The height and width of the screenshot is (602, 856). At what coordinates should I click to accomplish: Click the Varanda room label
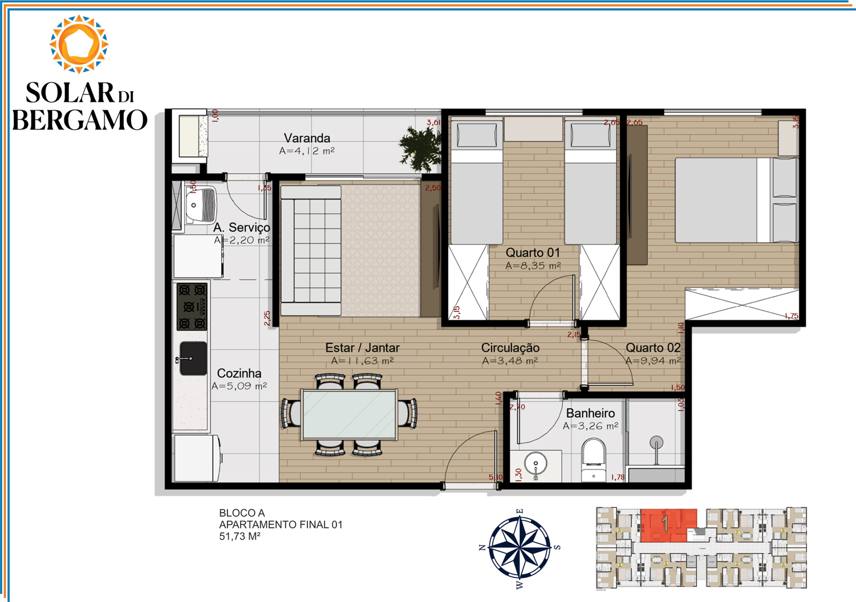pos(307,138)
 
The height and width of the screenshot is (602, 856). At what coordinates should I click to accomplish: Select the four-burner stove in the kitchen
pos(192,307)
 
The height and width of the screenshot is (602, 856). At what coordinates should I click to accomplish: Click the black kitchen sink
pos(193,359)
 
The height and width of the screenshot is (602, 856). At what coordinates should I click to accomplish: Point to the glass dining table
pos(349,414)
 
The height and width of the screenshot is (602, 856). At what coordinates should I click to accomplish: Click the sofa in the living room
pos(311,251)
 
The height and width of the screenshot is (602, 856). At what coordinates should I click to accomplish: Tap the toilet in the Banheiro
pos(593,459)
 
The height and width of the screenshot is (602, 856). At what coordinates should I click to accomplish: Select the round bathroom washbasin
pos(535,463)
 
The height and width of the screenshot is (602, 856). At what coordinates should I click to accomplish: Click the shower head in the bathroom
pos(656,443)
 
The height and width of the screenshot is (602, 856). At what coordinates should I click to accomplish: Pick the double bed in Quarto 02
pos(736,200)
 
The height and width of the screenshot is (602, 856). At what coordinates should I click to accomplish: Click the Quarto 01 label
pos(533,253)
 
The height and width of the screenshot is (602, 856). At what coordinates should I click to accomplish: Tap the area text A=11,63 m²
pos(362,361)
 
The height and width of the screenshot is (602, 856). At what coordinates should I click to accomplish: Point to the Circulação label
pos(510,348)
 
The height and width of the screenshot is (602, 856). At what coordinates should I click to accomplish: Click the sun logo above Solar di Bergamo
pos(79,44)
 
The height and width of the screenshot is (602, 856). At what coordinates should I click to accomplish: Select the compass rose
pos(520,547)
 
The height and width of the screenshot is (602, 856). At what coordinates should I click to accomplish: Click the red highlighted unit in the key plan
pos(667,524)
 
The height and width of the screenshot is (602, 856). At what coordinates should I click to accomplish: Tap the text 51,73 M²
pos(240,536)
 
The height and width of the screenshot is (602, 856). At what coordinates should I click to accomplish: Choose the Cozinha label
pos(239,373)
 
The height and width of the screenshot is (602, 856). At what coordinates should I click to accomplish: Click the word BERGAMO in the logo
pos(80,120)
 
